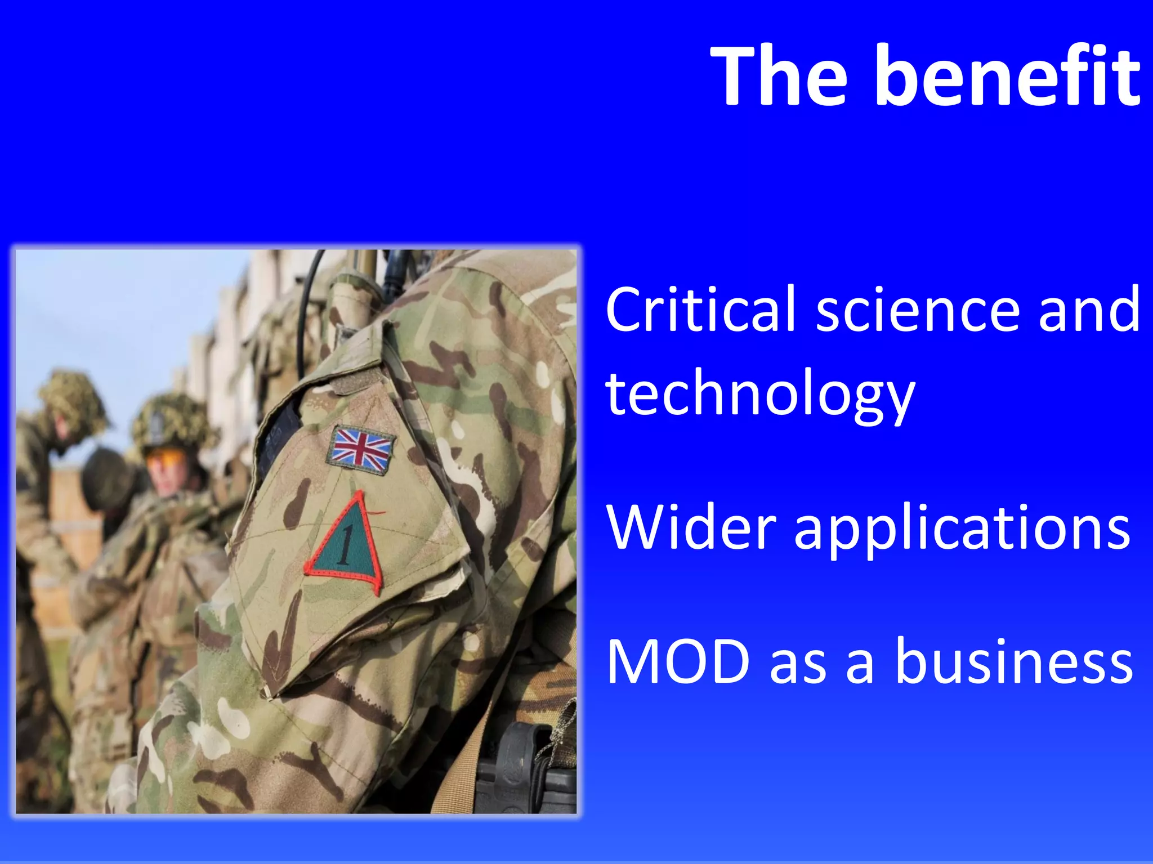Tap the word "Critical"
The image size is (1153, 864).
coord(700,309)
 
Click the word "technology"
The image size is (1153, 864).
coord(760,394)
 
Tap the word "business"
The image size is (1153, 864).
coord(1013,661)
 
